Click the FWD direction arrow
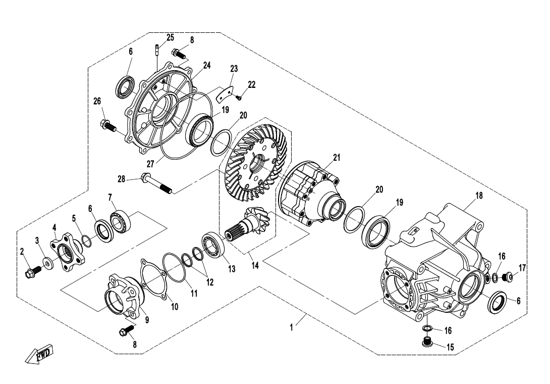(39, 356)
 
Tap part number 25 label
(170, 37)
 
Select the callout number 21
(337, 158)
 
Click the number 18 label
(479, 196)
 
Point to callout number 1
(291, 327)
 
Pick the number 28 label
(121, 178)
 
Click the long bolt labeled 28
(157, 183)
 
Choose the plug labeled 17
(508, 276)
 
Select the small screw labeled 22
(239, 98)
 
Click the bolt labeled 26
(108, 125)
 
